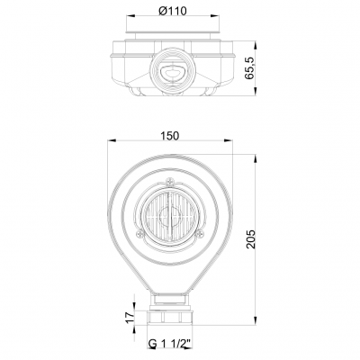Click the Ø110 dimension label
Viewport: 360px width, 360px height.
click(x=172, y=11)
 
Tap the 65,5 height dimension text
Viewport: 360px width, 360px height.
click(x=249, y=67)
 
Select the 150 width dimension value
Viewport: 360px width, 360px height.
click(x=169, y=136)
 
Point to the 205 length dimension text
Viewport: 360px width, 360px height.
click(x=250, y=238)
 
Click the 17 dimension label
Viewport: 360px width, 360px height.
click(x=130, y=317)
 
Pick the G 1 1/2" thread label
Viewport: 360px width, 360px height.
click(x=170, y=344)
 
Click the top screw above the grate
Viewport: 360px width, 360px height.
click(x=170, y=181)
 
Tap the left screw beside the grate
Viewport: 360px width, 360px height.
click(x=140, y=234)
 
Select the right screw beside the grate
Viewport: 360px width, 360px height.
click(x=200, y=234)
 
